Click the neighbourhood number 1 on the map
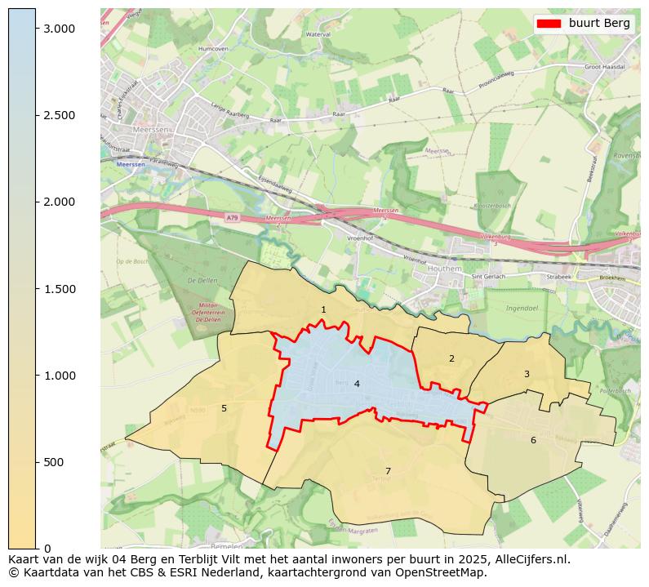(x=323, y=309)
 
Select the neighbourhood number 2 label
(x=451, y=358)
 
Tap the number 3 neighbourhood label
(x=527, y=374)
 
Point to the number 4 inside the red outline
(x=357, y=384)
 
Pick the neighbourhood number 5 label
(x=224, y=408)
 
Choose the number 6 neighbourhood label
(x=533, y=440)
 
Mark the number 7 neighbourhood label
(x=388, y=471)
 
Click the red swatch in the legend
(x=549, y=24)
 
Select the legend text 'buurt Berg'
(x=599, y=24)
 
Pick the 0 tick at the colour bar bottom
(x=48, y=548)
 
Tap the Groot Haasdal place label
(x=604, y=66)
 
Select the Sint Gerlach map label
(x=489, y=277)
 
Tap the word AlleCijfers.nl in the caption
(x=531, y=560)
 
